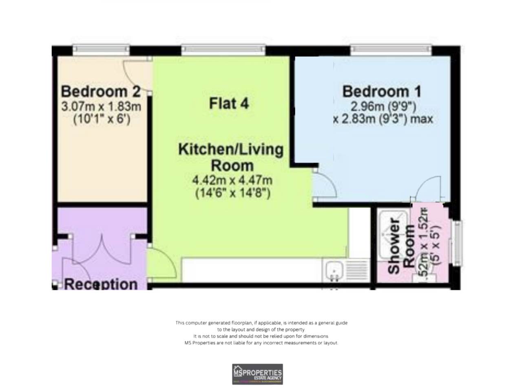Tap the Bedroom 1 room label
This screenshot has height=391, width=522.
pyautogui.click(x=382, y=91)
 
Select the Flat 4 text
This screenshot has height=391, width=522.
pyautogui.click(x=229, y=103)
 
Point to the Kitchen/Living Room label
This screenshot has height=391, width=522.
pyautogui.click(x=231, y=157)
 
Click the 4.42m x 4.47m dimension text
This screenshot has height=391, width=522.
pyautogui.click(x=232, y=180)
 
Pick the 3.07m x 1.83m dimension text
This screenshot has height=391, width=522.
pyautogui.click(x=101, y=107)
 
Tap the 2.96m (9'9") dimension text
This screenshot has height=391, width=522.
pyautogui.click(x=383, y=107)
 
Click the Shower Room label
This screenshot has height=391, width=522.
pyautogui.click(x=401, y=245)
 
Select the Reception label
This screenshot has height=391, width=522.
pyautogui.click(x=101, y=283)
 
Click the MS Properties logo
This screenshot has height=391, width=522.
pyautogui.click(x=257, y=374)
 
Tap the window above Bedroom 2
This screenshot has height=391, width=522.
pyautogui.click(x=101, y=50)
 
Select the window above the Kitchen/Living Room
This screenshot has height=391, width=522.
pyautogui.click(x=223, y=50)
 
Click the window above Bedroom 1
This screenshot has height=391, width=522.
pyautogui.click(x=390, y=50)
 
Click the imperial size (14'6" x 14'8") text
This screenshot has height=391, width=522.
pyautogui.click(x=232, y=193)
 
